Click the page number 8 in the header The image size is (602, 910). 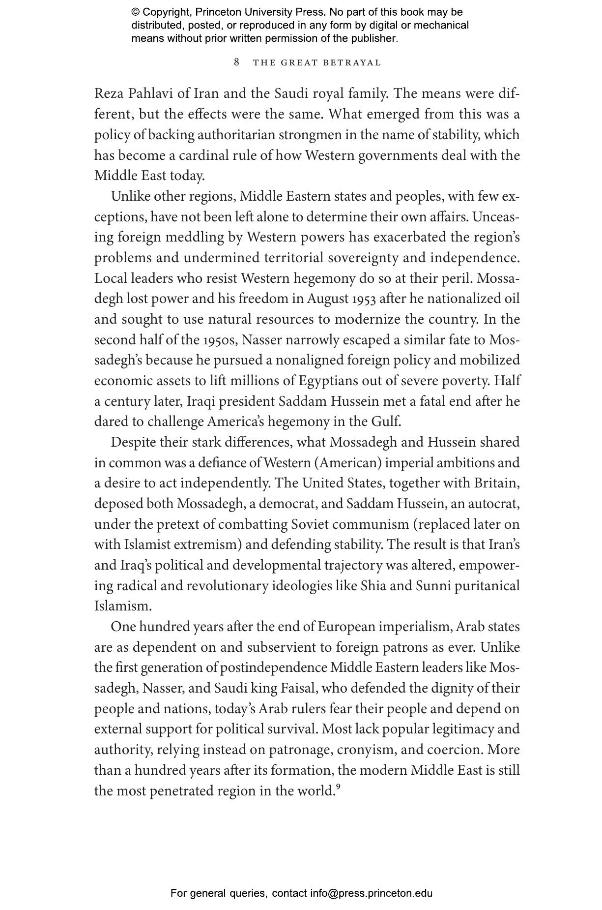pyautogui.click(x=237, y=62)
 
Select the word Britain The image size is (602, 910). pyautogui.click(x=496, y=484)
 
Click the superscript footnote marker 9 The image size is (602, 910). pyautogui.click(x=338, y=787)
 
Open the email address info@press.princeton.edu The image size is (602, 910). pyautogui.click(x=371, y=893)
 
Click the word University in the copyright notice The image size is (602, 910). pyautogui.click(x=262, y=12)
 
